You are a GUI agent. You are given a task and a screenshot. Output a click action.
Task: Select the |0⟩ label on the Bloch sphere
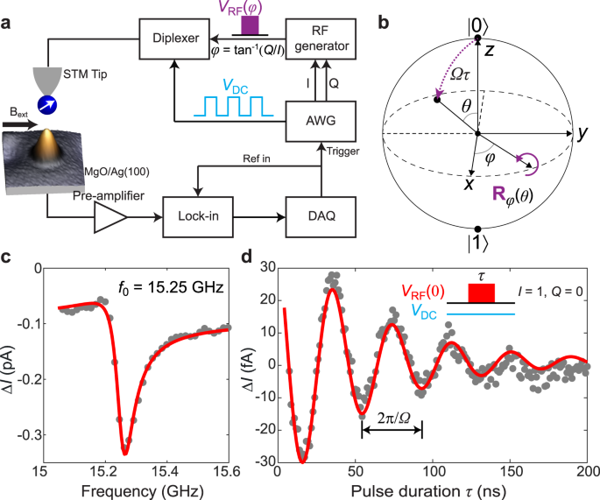(x=476, y=13)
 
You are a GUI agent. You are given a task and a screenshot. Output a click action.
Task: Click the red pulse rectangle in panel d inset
(x=484, y=292)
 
